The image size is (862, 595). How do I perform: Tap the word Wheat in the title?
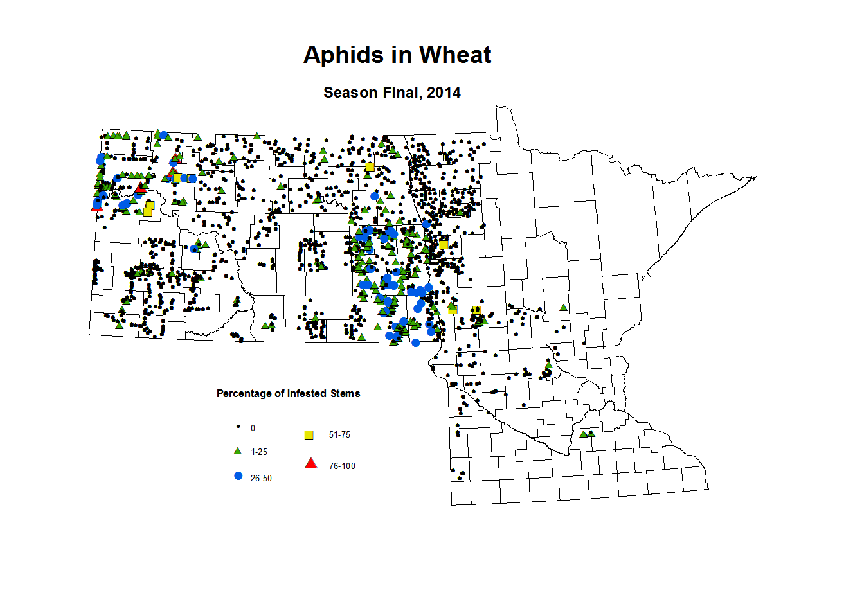click(x=455, y=55)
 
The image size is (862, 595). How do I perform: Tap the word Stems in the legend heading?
click(x=345, y=393)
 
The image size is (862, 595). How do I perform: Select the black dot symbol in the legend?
click(x=238, y=427)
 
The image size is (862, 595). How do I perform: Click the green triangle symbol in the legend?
click(x=238, y=451)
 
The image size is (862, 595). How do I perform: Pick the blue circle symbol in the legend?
click(x=238, y=476)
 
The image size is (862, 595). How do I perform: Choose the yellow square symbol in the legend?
click(x=309, y=435)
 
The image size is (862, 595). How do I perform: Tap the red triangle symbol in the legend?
click(x=311, y=463)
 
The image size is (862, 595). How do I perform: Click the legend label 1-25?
click(x=259, y=452)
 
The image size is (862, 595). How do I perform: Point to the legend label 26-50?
click(x=261, y=479)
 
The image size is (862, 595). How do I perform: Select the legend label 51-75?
click(x=339, y=435)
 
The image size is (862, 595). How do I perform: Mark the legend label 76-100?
click(x=342, y=466)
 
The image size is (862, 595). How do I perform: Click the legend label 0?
click(x=253, y=428)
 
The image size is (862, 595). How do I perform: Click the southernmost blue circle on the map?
click(x=415, y=342)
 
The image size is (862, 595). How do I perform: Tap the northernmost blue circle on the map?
click(x=164, y=136)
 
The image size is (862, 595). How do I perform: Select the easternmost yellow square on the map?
click(x=476, y=310)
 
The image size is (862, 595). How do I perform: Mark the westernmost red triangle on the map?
click(x=96, y=206)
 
